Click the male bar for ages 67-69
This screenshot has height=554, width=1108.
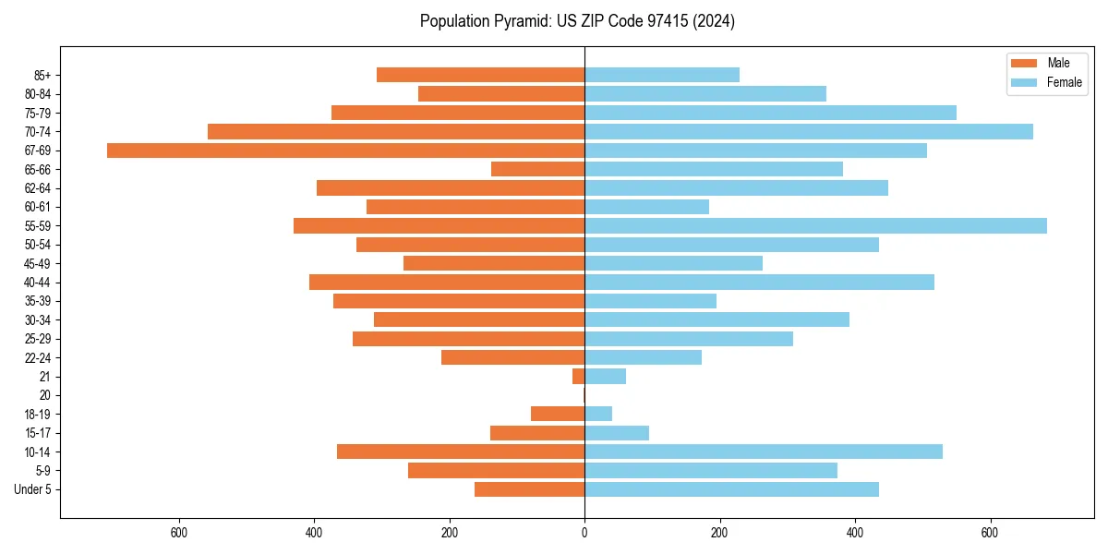346,151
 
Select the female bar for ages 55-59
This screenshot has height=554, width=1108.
815,226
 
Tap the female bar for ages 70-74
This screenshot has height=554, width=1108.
809,132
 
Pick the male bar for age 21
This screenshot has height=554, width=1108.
578,377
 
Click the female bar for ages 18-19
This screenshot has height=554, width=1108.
598,415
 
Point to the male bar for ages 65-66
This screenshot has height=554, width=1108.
537,169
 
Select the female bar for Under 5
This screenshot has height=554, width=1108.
731,489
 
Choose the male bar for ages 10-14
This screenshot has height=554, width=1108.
461,452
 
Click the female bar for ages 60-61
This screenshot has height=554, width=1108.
646,207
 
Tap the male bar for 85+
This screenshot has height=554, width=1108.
480,75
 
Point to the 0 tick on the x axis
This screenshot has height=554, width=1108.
584,533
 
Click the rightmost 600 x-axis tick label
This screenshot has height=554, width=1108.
990,533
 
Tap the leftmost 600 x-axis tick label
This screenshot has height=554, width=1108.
179,533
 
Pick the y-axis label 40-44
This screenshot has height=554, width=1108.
38,283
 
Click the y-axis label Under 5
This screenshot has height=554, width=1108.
32,489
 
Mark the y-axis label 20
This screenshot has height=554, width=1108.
45,395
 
